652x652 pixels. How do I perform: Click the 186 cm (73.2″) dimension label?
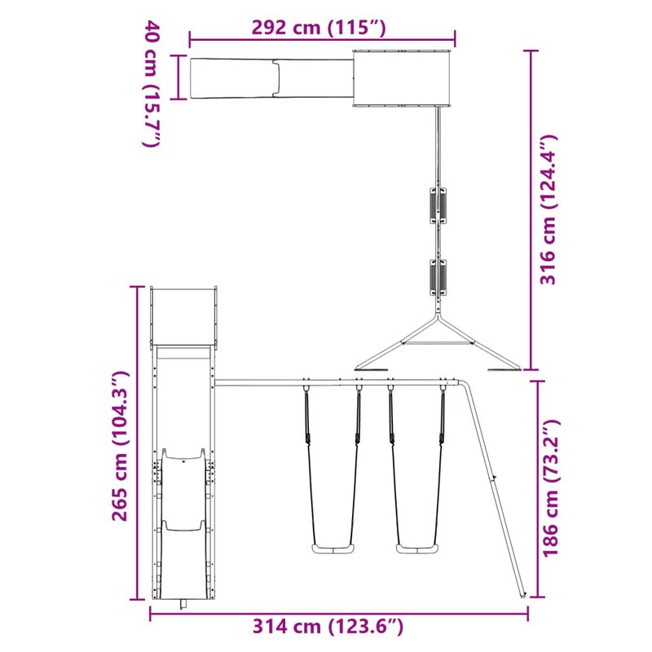(552, 488)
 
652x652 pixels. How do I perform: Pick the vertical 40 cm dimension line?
(174, 77)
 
